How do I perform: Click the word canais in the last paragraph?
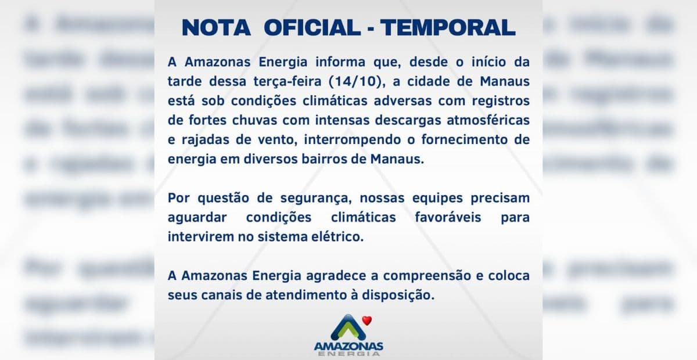pos(215,295)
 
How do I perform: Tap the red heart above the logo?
pos(366,319)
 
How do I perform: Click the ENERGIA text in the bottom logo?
pos(348,353)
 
